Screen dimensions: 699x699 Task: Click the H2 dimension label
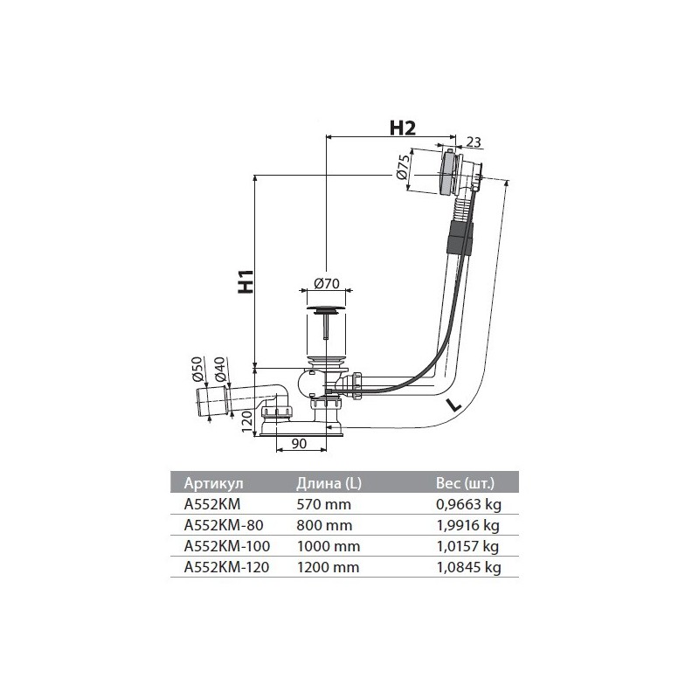point(402,128)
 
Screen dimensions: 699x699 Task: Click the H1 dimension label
point(246,281)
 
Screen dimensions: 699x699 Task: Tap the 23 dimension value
point(474,142)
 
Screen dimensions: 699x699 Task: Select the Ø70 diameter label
point(326,283)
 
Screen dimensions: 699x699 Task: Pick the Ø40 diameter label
point(220,370)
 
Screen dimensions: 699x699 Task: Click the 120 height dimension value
point(246,421)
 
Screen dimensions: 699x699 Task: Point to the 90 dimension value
point(299,443)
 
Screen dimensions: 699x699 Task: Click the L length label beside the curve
point(453,405)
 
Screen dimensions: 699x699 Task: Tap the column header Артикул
point(214,483)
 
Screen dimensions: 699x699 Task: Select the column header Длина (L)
point(329,483)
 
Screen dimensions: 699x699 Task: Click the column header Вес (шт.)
point(465,483)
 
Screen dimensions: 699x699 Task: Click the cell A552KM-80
point(224,525)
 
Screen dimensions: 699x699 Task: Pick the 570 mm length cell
point(323,504)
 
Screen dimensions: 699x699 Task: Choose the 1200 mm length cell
point(328,567)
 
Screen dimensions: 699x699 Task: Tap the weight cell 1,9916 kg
point(467,525)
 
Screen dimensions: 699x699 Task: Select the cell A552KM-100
point(227,546)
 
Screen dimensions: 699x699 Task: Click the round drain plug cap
point(327,309)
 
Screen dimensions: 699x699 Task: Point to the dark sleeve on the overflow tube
point(460,239)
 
